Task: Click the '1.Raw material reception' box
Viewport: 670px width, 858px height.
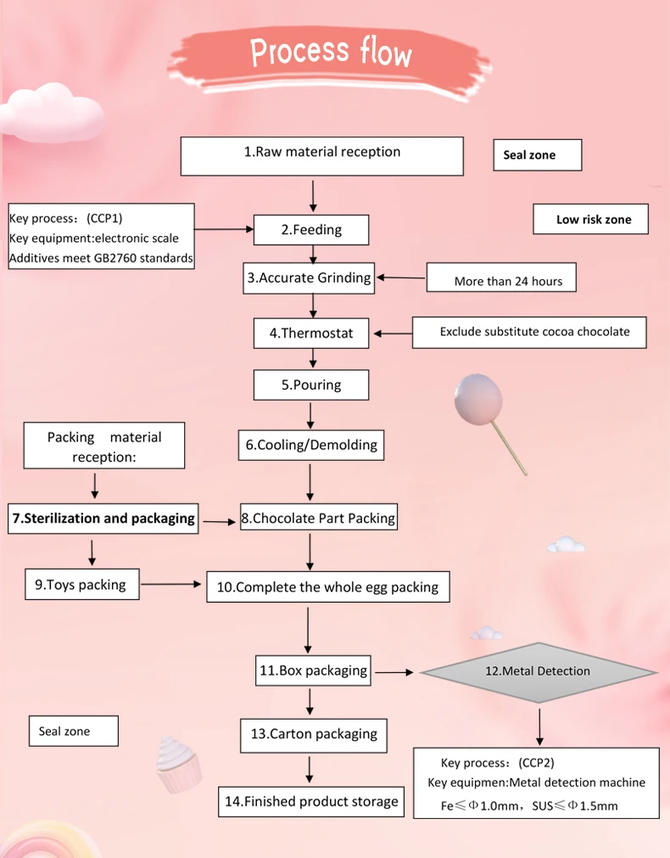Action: [x=322, y=155]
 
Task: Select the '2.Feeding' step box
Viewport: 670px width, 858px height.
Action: [x=311, y=230]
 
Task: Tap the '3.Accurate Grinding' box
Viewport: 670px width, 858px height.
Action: [x=309, y=278]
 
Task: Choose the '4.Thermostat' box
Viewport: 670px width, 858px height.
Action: [x=311, y=334]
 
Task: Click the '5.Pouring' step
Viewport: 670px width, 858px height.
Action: [x=311, y=385]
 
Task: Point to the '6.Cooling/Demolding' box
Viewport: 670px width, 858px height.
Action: [x=310, y=446]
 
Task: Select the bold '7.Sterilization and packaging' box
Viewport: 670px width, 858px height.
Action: [x=103, y=519]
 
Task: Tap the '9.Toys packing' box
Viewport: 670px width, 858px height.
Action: [x=82, y=585]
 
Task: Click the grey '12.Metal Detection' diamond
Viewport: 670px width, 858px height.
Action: [x=538, y=671]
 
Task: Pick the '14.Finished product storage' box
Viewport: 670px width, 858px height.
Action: [x=310, y=801]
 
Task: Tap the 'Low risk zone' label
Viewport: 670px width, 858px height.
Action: [x=593, y=220]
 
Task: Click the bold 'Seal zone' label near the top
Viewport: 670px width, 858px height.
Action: [x=537, y=155]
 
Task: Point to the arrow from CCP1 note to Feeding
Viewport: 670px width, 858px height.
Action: [x=225, y=228]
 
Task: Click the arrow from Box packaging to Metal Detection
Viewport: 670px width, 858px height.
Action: [x=394, y=672]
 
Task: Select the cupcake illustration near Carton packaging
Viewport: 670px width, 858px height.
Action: [x=180, y=764]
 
